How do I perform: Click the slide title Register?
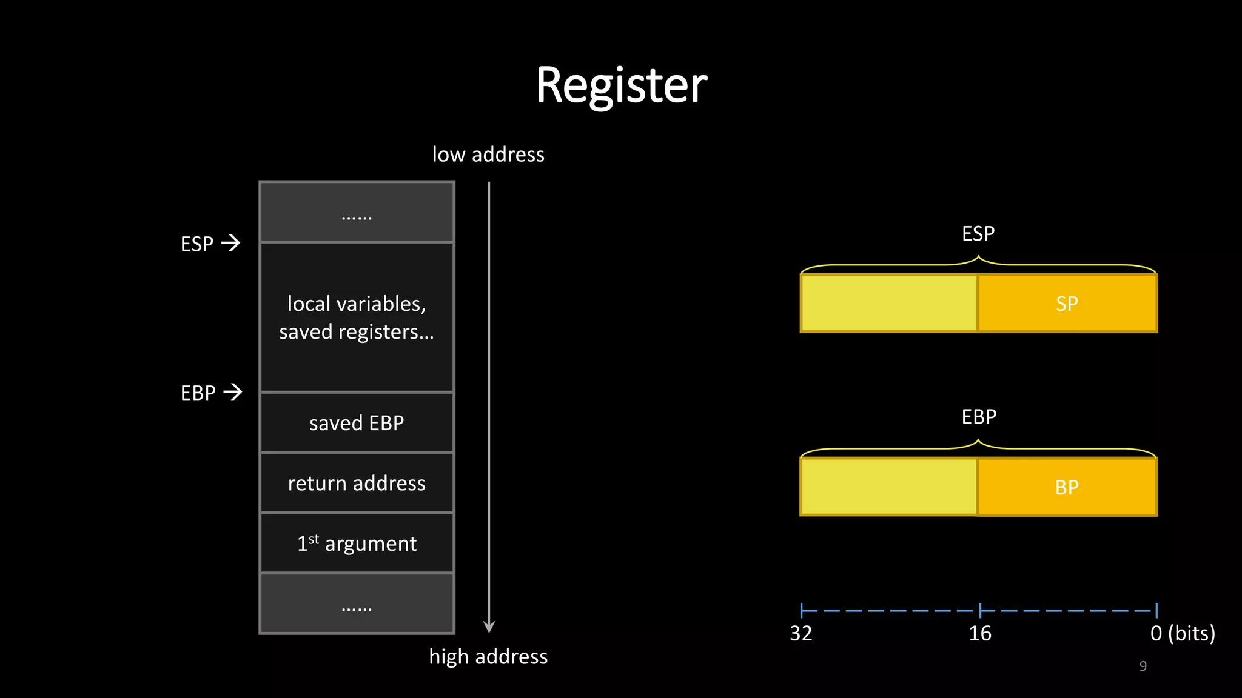click(x=621, y=85)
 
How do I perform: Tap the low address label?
click(x=488, y=155)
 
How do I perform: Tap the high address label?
click(x=488, y=656)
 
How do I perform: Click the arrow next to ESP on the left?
click(x=230, y=243)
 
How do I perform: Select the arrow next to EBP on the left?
click(x=232, y=392)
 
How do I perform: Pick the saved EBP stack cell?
click(x=357, y=422)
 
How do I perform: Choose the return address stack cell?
click(x=357, y=483)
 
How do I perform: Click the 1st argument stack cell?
click(x=357, y=543)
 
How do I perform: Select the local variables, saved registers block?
click(x=357, y=317)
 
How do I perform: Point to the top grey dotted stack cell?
click(x=357, y=212)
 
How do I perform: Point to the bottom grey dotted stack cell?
click(x=357, y=603)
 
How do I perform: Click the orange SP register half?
click(x=1067, y=304)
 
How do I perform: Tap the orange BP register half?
click(x=1067, y=487)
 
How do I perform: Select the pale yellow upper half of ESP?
click(x=889, y=304)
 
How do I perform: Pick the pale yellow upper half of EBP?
click(x=889, y=487)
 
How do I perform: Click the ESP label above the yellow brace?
click(x=978, y=233)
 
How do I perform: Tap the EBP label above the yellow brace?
click(x=979, y=417)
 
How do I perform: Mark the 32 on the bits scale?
click(x=801, y=633)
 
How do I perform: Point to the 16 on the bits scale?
click(x=979, y=633)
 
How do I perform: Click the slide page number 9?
click(x=1143, y=666)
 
